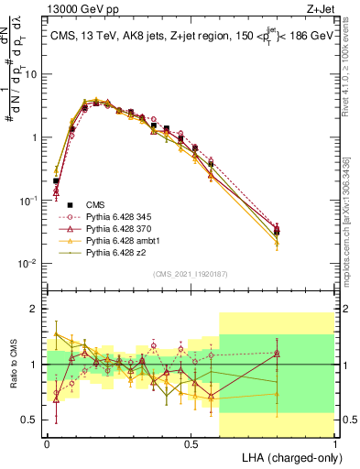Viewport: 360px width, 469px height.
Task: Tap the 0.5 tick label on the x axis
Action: coord(191,442)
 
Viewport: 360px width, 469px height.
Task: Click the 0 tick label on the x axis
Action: coord(47,442)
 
